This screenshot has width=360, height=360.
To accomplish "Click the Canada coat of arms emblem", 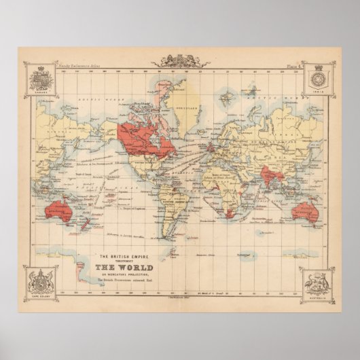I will point(39,79).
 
